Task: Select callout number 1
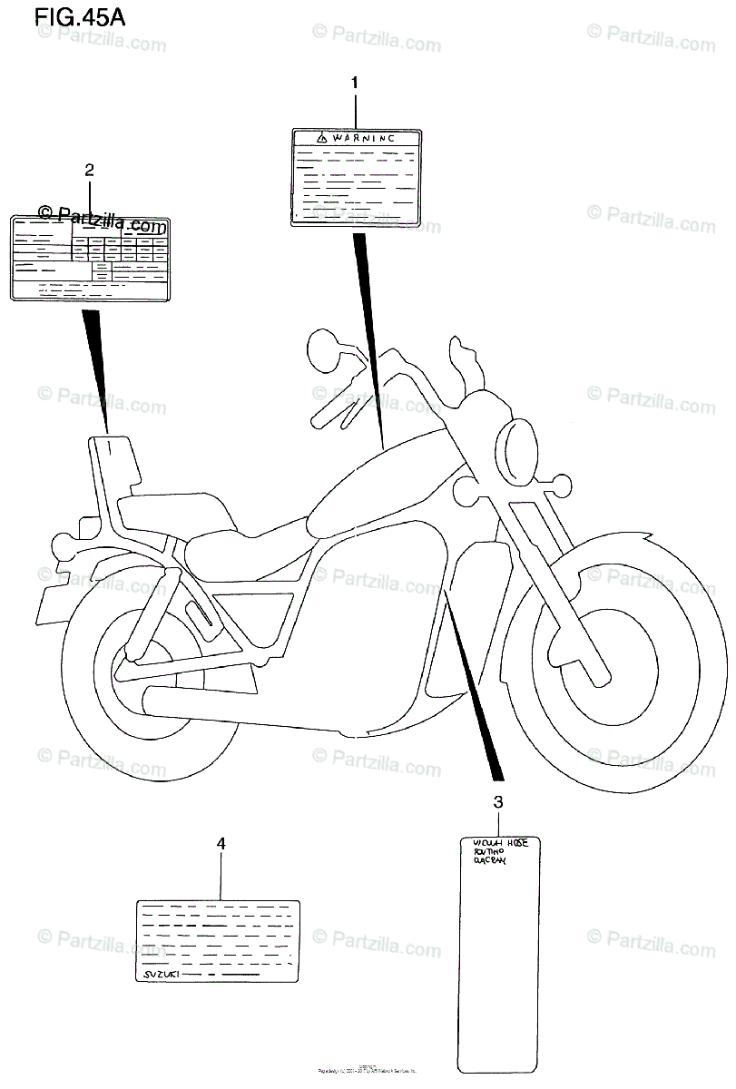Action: pos(355,83)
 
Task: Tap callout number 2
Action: pos(89,169)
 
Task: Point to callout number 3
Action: pos(497,801)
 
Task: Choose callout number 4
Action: pos(221,843)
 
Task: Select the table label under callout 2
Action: pos(89,258)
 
